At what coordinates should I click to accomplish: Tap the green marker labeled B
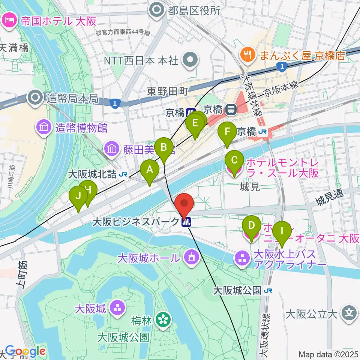coord(164,147)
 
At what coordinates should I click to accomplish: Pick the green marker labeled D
coord(252,226)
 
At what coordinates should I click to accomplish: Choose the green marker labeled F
coord(227,132)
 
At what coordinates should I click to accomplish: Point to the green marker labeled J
coord(78,196)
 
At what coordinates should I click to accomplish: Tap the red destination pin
coord(184,204)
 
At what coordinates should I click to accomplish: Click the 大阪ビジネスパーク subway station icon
coord(186,222)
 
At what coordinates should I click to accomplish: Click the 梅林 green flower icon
coord(163,320)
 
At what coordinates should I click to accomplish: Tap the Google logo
coord(25,351)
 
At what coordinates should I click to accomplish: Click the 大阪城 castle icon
coord(117,308)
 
